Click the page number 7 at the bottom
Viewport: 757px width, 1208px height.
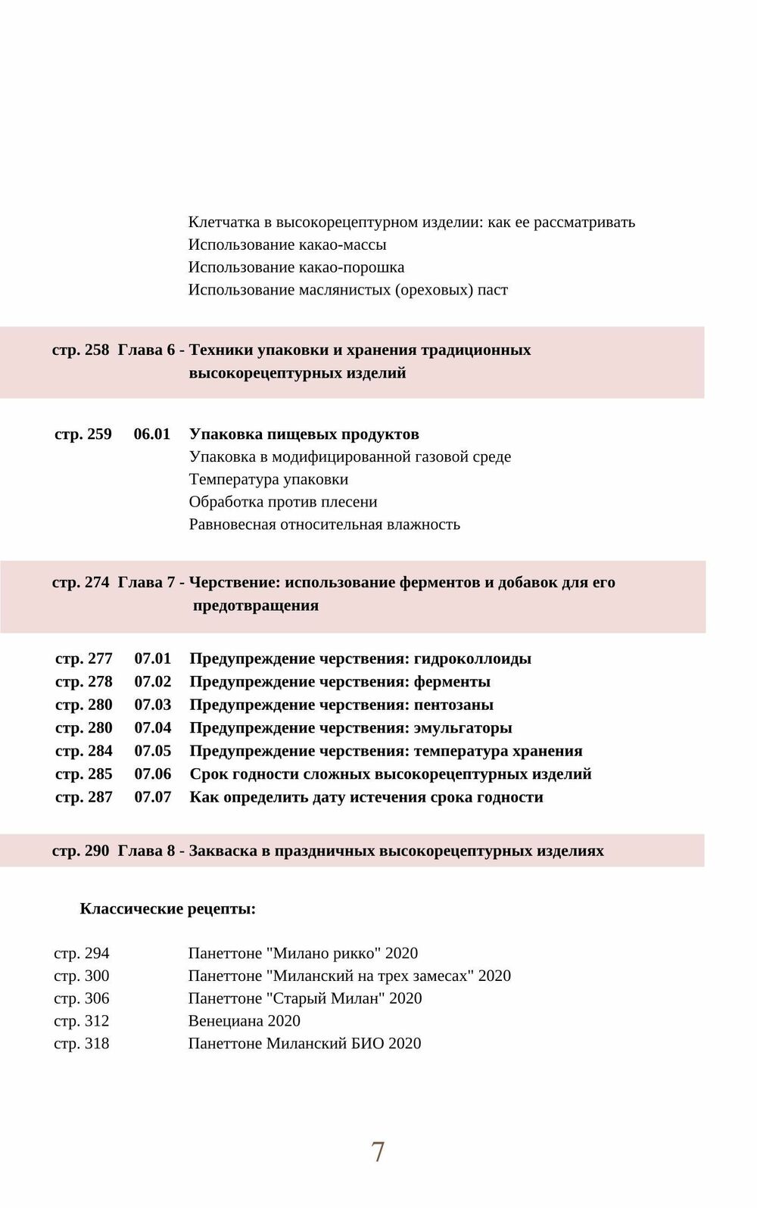pos(378,1152)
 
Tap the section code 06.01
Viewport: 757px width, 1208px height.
pos(152,434)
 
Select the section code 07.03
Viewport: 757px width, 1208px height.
pos(153,705)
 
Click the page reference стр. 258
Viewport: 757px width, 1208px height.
pos(81,350)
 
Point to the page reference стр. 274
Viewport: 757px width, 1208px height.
pos(81,583)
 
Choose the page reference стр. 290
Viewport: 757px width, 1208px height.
pos(81,851)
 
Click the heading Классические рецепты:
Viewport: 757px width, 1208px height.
pos(168,909)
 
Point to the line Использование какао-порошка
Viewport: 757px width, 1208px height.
pos(296,267)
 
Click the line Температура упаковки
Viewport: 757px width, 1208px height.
pos(269,480)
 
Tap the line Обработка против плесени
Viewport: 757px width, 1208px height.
pos(283,503)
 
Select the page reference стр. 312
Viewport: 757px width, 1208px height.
pos(82,1021)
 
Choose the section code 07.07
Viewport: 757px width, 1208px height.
pos(153,797)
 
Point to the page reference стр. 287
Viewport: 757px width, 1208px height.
pos(84,797)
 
